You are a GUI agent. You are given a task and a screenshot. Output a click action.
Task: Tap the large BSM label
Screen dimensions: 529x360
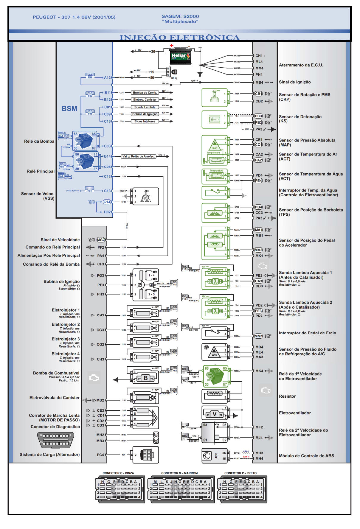[69, 109]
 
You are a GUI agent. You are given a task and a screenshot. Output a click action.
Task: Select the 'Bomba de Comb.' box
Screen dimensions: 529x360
[145, 93]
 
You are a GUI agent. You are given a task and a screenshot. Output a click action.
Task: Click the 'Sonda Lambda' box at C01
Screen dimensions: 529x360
[145, 107]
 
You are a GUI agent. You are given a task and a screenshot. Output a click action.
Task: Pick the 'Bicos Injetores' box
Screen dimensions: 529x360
[145, 121]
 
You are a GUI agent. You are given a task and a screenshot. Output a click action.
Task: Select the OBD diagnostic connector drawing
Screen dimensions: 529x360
[56, 440]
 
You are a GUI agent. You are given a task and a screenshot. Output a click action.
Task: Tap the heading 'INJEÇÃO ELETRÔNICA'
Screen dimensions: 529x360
[179, 38]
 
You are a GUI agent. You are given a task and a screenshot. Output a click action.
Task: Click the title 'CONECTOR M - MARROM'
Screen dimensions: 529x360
[179, 473]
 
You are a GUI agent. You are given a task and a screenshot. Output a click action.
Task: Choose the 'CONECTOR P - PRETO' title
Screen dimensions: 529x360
[240, 473]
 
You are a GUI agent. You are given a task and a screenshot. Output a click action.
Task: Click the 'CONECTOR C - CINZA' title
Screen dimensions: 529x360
[118, 473]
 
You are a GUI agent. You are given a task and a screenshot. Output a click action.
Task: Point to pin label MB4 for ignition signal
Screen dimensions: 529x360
[259, 83]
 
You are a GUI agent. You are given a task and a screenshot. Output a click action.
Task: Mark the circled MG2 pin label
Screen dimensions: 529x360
[101, 240]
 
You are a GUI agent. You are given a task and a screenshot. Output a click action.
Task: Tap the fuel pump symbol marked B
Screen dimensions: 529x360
[145, 378]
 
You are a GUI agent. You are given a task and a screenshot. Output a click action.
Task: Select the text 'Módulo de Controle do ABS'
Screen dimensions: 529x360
[306, 456]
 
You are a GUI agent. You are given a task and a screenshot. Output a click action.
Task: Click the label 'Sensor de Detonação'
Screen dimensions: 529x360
[300, 117]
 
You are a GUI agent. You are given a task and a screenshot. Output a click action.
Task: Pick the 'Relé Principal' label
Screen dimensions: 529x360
[41, 171]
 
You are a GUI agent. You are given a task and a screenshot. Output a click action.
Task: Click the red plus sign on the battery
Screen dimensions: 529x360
[172, 46]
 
